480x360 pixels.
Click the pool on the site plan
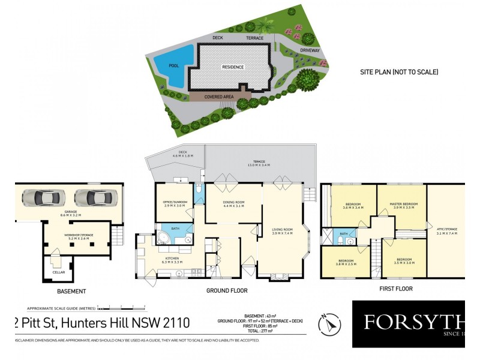coord(173,59)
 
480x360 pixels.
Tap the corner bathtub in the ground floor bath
coord(162,238)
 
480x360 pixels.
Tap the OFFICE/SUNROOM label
coord(175,202)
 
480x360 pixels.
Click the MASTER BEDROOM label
coord(401,204)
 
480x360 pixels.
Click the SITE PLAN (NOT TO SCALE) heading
coord(399,72)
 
